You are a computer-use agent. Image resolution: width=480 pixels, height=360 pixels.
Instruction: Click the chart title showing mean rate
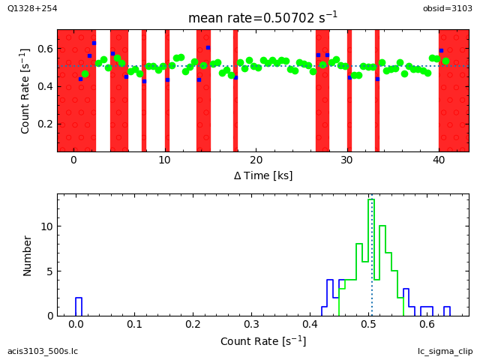262,17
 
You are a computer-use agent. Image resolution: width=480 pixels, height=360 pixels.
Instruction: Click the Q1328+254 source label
31,8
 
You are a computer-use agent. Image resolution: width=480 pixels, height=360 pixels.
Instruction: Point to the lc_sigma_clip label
445,351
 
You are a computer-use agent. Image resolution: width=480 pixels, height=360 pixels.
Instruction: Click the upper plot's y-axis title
25,91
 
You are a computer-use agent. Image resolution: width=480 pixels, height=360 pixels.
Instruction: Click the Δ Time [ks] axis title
262,175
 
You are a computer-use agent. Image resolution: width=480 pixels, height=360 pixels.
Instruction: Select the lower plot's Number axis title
28,255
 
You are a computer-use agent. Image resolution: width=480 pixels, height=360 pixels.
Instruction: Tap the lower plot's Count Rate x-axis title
262,341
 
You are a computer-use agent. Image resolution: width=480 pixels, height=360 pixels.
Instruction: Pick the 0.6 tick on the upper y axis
43,49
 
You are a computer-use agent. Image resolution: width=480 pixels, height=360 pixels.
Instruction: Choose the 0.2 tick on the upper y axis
43,124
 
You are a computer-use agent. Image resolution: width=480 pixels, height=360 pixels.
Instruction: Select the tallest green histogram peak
371,255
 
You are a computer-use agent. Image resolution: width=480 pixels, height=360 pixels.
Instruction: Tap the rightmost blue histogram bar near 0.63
447,310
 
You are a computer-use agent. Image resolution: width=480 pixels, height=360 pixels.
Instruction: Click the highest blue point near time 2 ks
94,43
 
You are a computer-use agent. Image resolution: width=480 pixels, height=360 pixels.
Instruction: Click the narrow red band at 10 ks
167,90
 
